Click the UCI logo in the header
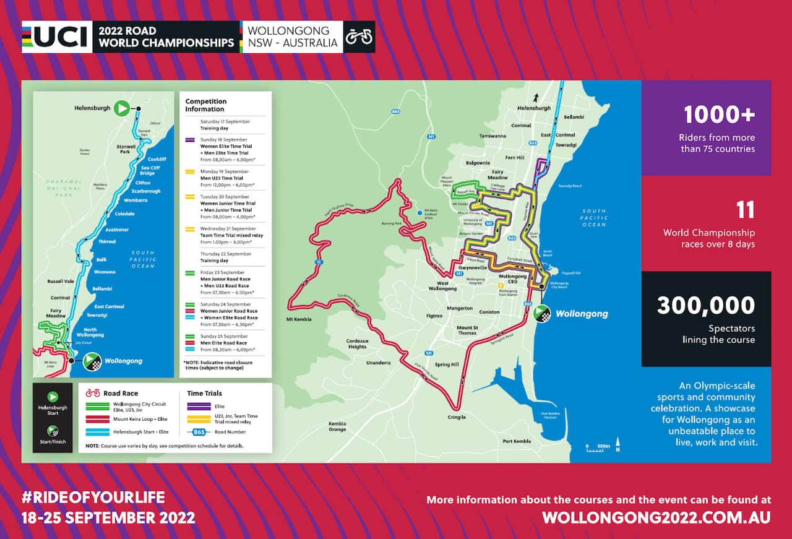click(x=56, y=37)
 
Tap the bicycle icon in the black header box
click(x=359, y=37)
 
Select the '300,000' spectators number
click(x=706, y=306)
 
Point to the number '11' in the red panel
click(x=745, y=210)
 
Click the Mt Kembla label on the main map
click(x=299, y=319)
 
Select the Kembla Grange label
click(x=337, y=426)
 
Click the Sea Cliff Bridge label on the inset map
click(x=150, y=171)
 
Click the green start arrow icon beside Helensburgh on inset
click(x=122, y=109)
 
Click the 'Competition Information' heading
click(x=206, y=105)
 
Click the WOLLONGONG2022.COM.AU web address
click(x=656, y=517)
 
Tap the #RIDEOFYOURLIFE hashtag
click(x=93, y=498)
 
